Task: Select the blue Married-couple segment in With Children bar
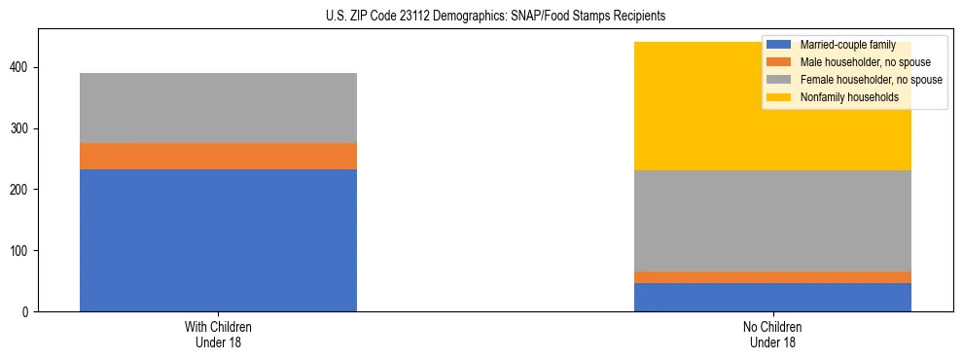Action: tap(218, 240)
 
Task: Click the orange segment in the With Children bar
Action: tap(218, 157)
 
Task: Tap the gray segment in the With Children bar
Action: tap(218, 108)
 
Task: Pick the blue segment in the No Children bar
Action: tap(772, 297)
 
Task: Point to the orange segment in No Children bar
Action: tap(772, 277)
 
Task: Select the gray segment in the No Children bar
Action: tap(772, 221)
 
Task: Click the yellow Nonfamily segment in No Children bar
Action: tap(681, 106)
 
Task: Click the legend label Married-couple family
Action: tap(847, 46)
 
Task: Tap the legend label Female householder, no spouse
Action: tap(871, 80)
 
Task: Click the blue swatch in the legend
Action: tap(779, 46)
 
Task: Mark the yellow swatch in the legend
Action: tap(779, 97)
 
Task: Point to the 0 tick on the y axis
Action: tap(28, 312)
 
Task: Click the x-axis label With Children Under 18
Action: tap(218, 334)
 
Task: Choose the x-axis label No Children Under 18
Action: tap(772, 334)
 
